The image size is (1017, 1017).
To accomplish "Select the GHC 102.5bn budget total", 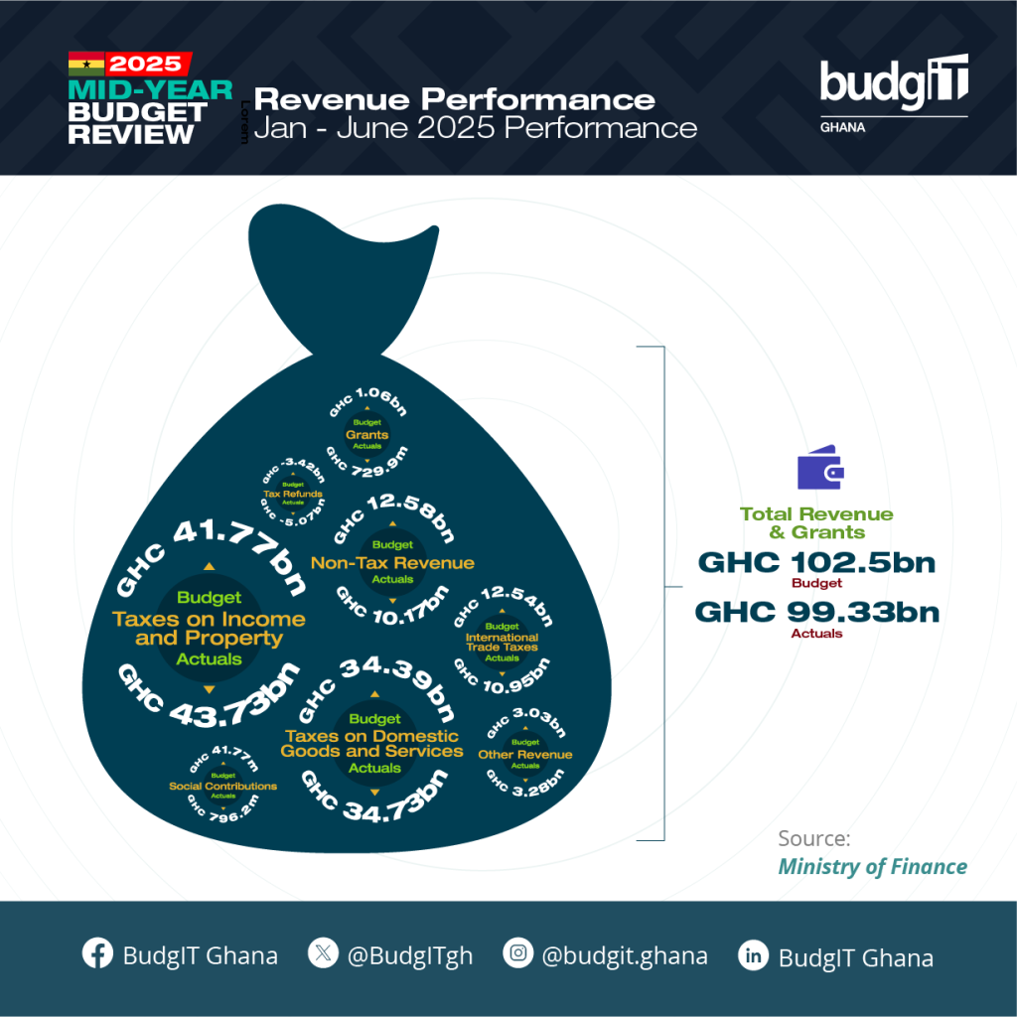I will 816,562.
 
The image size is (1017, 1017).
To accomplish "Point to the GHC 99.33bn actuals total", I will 816,611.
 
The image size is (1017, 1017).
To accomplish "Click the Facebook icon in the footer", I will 96,955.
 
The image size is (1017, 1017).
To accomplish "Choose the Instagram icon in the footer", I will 517,955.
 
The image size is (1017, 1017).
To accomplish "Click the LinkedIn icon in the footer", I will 754,956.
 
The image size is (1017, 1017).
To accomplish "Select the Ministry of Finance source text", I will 872,866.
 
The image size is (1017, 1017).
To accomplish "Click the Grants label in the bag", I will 366,435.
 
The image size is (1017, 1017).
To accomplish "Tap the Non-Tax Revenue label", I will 392,563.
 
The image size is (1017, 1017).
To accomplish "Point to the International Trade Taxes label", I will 502,642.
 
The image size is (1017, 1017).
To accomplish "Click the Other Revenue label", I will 524,755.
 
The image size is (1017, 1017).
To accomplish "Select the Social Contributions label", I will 222,786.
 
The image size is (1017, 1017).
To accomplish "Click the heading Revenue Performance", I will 455,99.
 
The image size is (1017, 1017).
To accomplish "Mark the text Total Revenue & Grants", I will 816,522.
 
